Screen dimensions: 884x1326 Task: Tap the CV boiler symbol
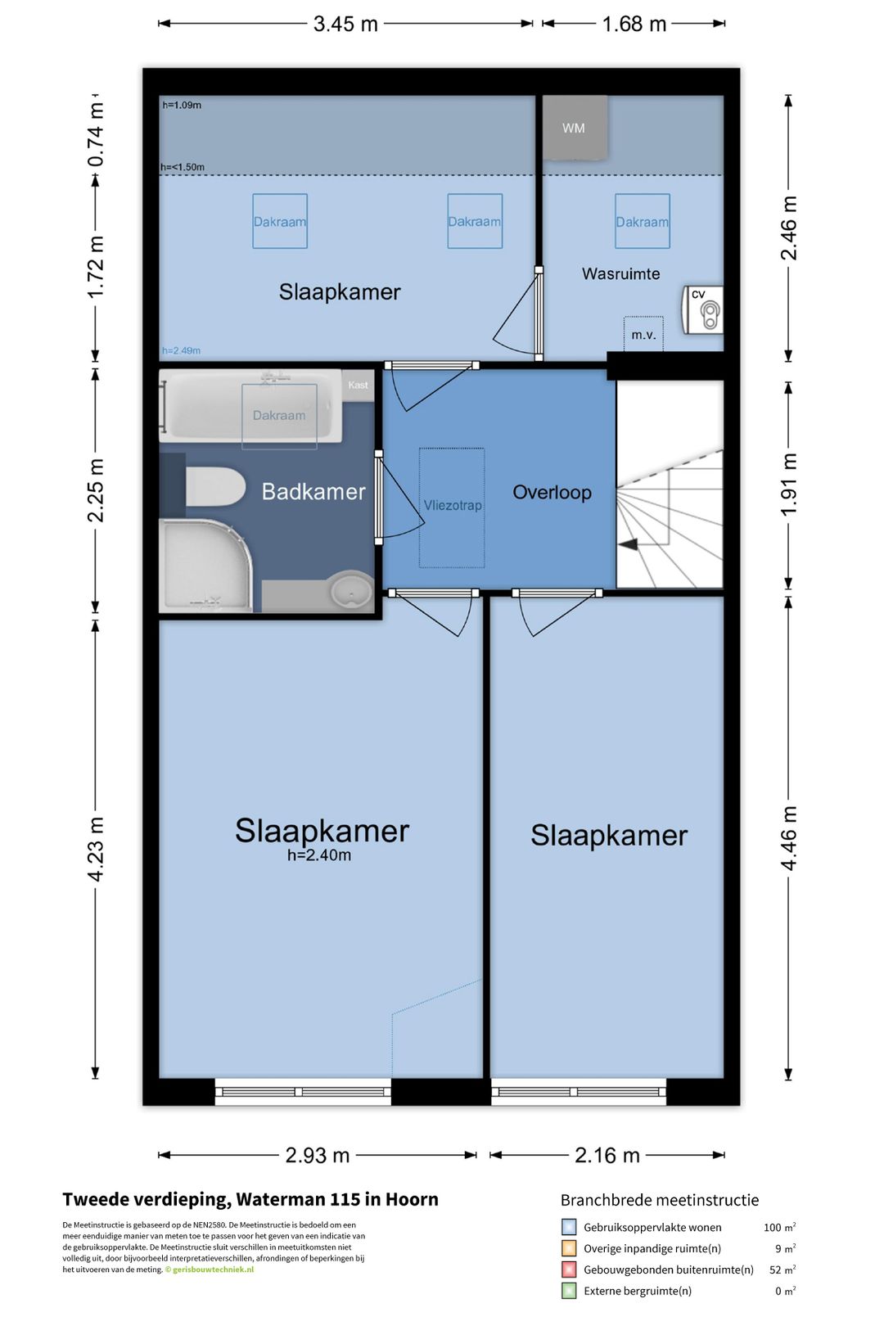tap(703, 310)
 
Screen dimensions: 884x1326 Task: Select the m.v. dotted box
tap(643, 334)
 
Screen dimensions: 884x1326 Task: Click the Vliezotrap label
tap(453, 506)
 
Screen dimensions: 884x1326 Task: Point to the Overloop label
tap(552, 493)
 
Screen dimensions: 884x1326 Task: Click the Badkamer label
tap(313, 492)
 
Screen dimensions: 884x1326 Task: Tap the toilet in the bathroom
tap(215, 486)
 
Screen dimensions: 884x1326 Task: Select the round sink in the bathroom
tap(351, 590)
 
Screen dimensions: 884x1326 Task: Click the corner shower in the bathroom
tap(205, 566)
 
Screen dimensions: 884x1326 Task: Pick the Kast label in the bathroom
tap(358, 385)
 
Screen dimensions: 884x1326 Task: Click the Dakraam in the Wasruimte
tap(643, 221)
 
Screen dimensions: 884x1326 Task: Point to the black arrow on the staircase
tap(628, 544)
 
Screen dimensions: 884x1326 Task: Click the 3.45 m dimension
tap(345, 24)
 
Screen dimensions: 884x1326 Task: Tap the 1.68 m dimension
tap(634, 24)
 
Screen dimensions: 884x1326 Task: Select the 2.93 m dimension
tap(318, 1155)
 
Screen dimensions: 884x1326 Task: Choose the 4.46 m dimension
tap(789, 838)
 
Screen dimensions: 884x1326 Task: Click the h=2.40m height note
tap(319, 855)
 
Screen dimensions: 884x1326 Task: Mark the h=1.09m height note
tap(182, 106)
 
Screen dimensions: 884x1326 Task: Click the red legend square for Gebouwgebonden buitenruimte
tap(568, 1270)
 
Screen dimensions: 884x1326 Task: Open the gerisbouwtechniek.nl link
tap(213, 1270)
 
